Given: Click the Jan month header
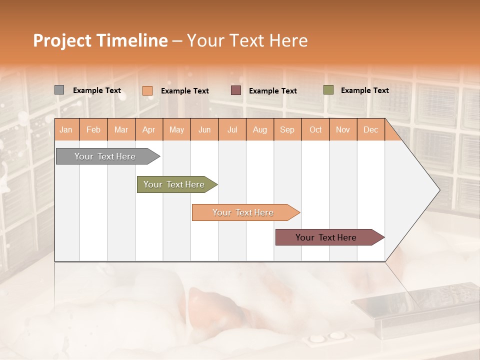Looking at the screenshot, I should [x=66, y=129].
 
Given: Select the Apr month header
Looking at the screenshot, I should [x=148, y=129].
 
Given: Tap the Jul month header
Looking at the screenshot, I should [x=232, y=129].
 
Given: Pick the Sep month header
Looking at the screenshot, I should [x=287, y=129].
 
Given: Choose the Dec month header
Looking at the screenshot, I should [x=370, y=129].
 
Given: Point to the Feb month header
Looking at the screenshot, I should [x=93, y=129].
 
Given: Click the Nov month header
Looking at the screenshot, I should [x=342, y=129].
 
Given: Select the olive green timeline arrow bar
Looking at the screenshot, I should [x=175, y=184].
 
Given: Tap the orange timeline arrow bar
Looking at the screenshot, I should [x=243, y=212].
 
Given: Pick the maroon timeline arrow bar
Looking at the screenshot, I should [x=327, y=237].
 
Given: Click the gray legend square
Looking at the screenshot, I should [x=59, y=90].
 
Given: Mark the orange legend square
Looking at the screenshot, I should [x=147, y=90].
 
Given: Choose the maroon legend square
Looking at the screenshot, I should [x=236, y=90].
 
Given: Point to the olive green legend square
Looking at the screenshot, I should [x=328, y=90].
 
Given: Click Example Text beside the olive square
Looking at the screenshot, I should [x=364, y=90].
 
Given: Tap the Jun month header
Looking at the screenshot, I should [x=204, y=129].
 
